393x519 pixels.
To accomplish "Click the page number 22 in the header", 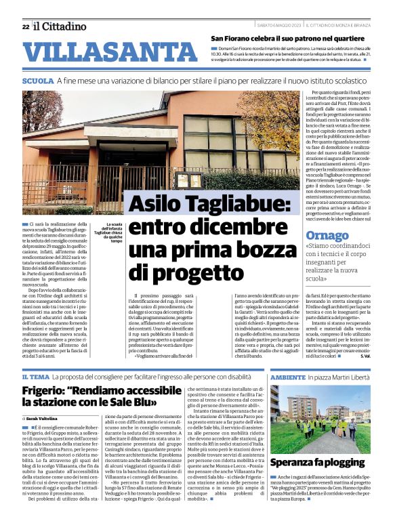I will [25, 26].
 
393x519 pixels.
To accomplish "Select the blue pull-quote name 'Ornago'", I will [326, 236].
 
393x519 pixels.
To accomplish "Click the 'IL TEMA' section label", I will [35, 377].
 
